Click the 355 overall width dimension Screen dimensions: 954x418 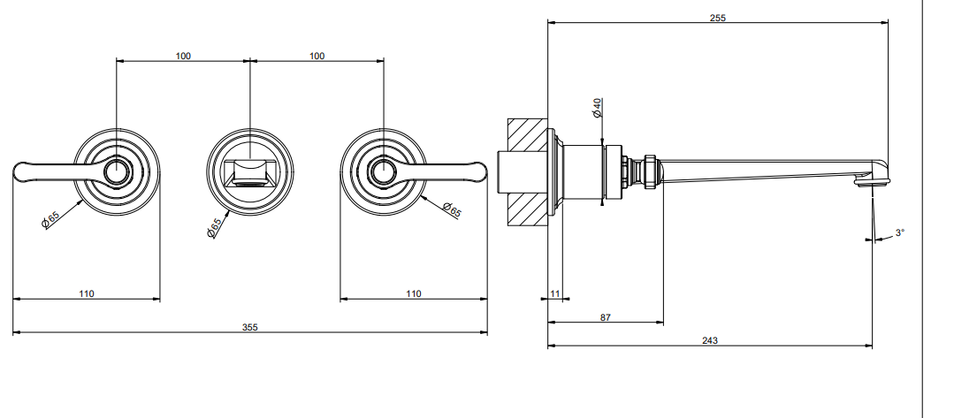[250, 327]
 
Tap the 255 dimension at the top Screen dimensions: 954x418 [718, 18]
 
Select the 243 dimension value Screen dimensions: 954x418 [710, 341]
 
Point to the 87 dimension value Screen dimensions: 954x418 [606, 317]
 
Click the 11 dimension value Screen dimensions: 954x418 [555, 294]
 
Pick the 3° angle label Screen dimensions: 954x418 [900, 232]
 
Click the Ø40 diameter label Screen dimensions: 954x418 [597, 107]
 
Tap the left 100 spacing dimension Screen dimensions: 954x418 [183, 56]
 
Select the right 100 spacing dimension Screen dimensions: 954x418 [317, 56]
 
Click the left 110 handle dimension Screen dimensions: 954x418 [87, 294]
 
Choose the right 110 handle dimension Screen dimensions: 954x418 [413, 294]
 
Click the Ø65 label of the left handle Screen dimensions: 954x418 [50, 220]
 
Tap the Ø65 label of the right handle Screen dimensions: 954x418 [452, 210]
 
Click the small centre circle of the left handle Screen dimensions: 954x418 [116, 171]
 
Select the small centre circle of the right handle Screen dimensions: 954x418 [384, 171]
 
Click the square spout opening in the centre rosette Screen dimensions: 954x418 [250, 171]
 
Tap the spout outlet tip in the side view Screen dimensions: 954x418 [873, 180]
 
